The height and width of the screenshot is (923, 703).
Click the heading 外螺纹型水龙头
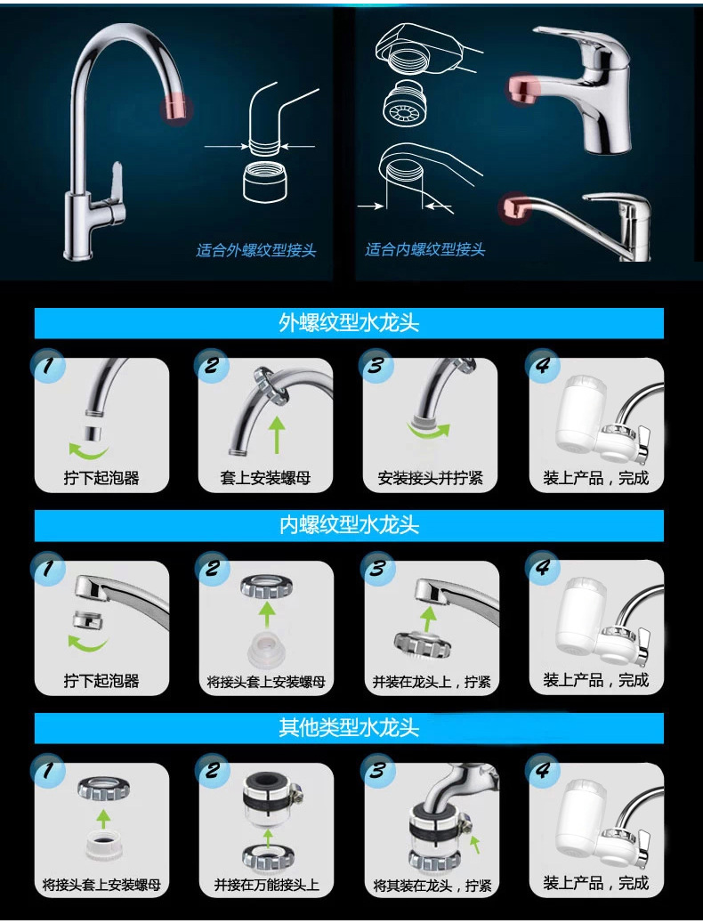[x=349, y=322]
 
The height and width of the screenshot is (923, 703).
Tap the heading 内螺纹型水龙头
[x=349, y=525]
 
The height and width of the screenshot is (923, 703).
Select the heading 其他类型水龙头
[x=349, y=728]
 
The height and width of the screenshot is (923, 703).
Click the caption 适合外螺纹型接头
[x=256, y=250]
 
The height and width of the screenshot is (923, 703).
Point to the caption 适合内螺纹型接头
[x=424, y=249]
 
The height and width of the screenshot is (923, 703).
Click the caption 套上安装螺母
[x=265, y=477]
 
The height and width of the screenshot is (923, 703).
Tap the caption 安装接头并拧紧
[x=430, y=477]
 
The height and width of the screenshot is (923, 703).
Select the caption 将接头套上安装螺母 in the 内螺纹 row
[x=266, y=682]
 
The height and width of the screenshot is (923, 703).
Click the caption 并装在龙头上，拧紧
[x=432, y=682]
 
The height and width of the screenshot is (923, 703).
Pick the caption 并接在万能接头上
[x=266, y=884]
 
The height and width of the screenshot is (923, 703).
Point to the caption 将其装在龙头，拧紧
[x=432, y=885]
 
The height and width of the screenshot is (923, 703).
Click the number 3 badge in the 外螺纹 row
[x=376, y=365]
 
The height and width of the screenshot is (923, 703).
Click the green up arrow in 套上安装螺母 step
[x=277, y=434]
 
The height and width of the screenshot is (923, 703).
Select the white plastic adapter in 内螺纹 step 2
[x=266, y=647]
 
